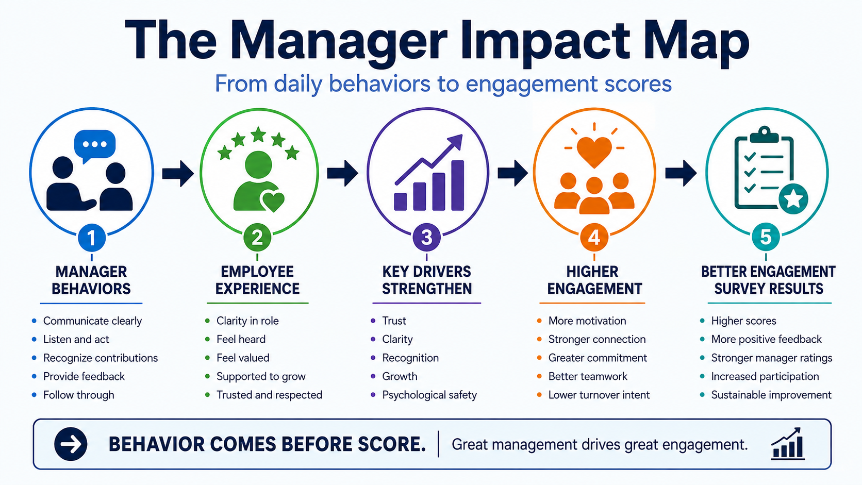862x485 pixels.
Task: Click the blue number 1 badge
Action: (x=92, y=238)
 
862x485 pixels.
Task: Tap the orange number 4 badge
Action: (x=594, y=237)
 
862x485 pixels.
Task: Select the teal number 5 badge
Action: (x=766, y=237)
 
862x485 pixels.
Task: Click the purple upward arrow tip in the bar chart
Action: (x=458, y=139)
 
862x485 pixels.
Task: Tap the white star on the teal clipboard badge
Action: (x=793, y=199)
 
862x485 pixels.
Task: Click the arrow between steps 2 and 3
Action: (x=342, y=173)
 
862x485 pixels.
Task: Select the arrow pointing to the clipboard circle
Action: (x=681, y=173)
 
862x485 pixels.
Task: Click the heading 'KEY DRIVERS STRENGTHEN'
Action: (x=427, y=280)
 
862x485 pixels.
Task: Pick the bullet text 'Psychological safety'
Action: (x=429, y=395)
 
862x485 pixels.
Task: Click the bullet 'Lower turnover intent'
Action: (x=599, y=395)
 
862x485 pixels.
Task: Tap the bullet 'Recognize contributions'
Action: (x=101, y=358)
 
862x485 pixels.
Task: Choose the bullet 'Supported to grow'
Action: (x=261, y=377)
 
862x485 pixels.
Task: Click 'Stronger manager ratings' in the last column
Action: (x=772, y=358)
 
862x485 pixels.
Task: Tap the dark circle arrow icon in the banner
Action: (x=71, y=444)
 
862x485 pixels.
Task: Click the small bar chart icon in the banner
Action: (x=788, y=444)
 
